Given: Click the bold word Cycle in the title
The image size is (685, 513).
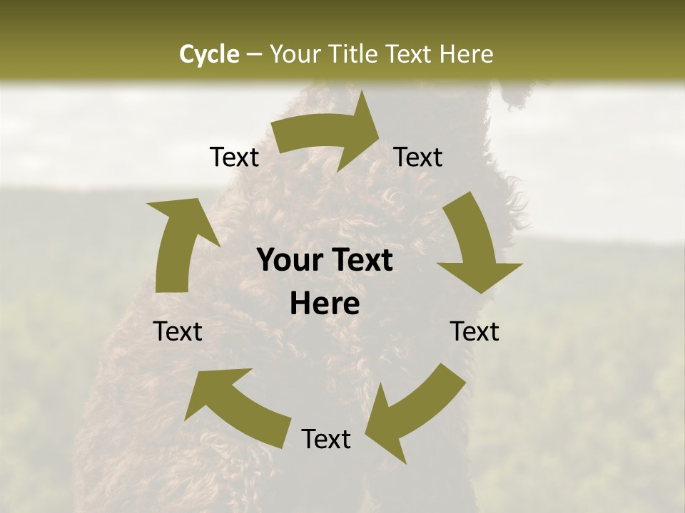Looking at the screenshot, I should [x=209, y=54].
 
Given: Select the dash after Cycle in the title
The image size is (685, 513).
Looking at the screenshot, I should [x=254, y=54].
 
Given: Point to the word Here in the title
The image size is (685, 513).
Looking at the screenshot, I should [x=467, y=54].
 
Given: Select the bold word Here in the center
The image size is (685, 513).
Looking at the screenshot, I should [x=325, y=304].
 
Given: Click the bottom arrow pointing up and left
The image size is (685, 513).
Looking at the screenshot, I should [x=235, y=406].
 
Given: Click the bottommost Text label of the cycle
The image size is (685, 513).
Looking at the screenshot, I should [x=326, y=439].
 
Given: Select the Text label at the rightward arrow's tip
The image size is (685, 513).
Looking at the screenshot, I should [x=418, y=157].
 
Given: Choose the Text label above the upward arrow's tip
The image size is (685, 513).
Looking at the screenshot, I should [x=234, y=157].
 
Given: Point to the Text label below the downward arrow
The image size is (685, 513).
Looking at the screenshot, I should [x=475, y=331].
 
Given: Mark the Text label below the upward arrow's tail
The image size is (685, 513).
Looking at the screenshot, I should [x=178, y=331].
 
